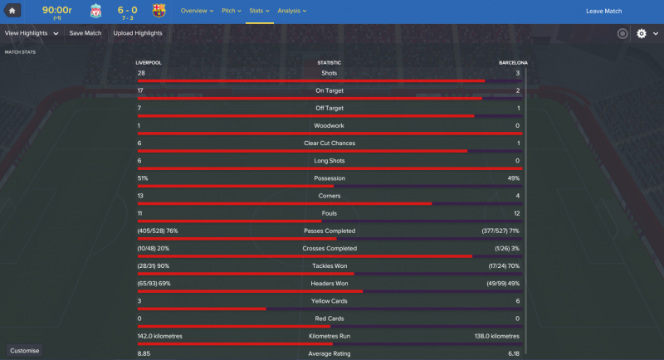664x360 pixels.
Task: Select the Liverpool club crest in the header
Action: (95, 11)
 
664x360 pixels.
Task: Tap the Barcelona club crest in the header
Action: (159, 11)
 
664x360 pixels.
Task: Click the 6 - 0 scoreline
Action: (127, 9)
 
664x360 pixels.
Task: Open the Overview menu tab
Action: (196, 11)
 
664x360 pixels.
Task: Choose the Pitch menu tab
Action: (231, 11)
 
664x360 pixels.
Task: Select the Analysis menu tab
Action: (291, 11)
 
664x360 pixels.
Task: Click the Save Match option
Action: (85, 33)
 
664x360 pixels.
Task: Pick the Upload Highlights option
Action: (138, 33)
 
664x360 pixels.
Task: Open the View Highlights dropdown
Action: (32, 33)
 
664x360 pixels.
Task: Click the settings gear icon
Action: (641, 34)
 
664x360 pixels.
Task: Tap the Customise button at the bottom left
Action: (25, 350)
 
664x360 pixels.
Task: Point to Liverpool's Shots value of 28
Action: (141, 73)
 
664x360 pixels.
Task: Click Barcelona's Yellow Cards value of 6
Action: (517, 301)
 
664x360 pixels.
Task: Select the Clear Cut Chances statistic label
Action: (330, 144)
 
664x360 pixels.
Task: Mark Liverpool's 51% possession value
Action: (143, 178)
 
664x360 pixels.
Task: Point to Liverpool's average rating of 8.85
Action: (144, 354)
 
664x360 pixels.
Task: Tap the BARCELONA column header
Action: (513, 62)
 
